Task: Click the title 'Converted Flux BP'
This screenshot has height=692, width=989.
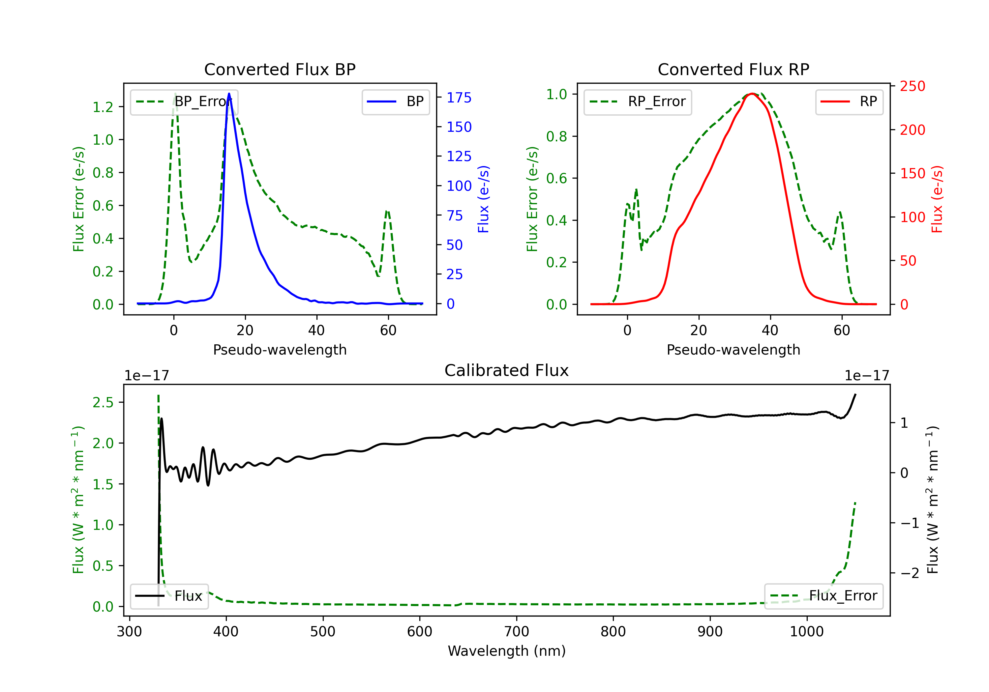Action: click(x=280, y=69)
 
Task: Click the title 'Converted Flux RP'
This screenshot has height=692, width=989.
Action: click(x=734, y=69)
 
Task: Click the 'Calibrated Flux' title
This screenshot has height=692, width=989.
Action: click(x=507, y=370)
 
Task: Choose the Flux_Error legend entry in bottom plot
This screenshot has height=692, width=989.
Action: click(x=824, y=596)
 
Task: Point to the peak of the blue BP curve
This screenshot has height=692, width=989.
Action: click(x=229, y=94)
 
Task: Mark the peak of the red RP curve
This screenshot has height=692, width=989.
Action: click(x=752, y=94)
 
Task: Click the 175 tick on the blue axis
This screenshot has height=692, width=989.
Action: click(x=459, y=98)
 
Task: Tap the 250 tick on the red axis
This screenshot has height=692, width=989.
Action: click(x=912, y=86)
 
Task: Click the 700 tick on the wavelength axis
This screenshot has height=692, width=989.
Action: click(x=517, y=632)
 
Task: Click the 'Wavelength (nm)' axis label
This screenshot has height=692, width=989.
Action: click(x=507, y=651)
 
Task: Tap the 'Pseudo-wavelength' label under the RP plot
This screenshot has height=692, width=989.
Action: click(x=734, y=350)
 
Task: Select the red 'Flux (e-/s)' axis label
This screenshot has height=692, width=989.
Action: click(x=937, y=199)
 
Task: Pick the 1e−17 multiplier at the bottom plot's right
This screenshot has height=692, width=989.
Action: click(x=867, y=376)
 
